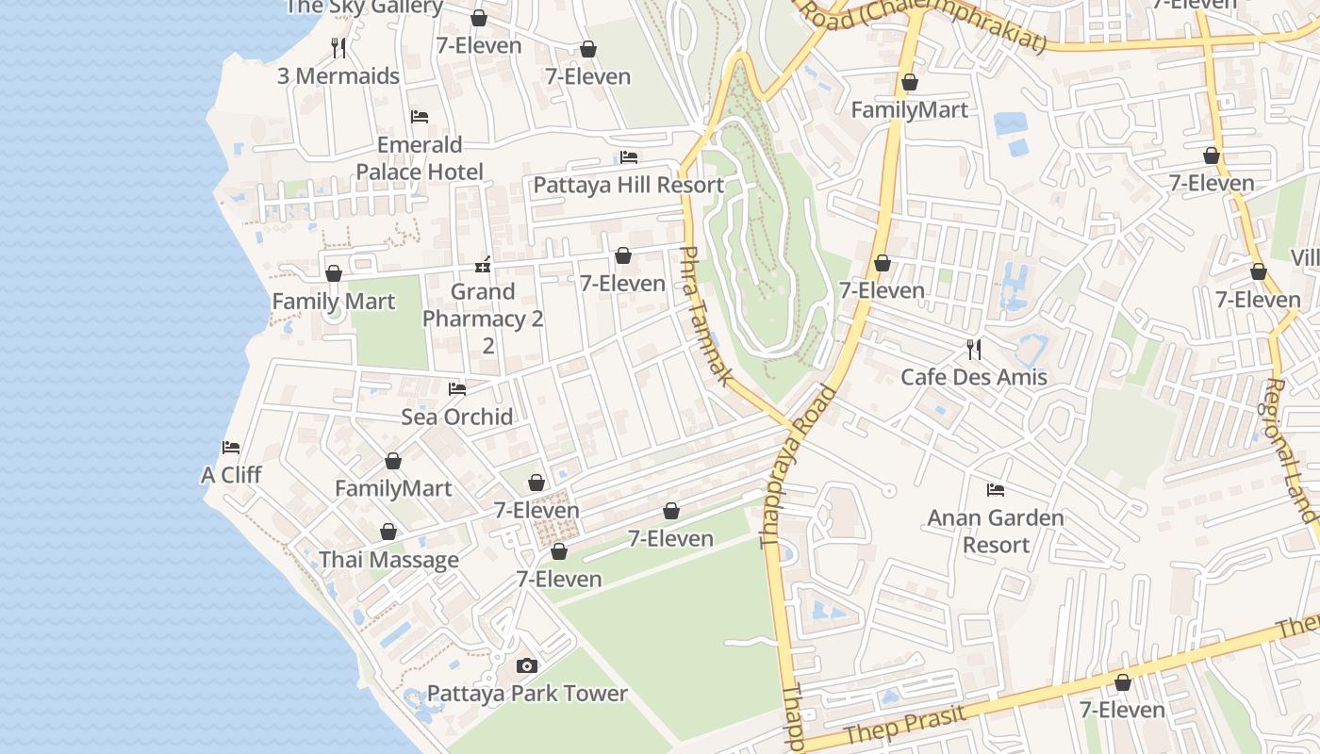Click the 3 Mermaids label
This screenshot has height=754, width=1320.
(338, 76)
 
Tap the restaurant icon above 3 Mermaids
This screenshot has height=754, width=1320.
(338, 47)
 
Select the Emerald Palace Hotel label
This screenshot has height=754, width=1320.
(420, 158)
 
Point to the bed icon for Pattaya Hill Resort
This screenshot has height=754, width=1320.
(629, 157)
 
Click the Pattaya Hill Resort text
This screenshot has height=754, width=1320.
(629, 185)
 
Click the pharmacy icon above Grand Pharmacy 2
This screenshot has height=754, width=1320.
(483, 265)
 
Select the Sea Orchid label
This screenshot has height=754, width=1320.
(457, 417)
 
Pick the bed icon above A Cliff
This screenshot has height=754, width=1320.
(231, 448)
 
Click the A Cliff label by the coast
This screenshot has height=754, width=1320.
(231, 475)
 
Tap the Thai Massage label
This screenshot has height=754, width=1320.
(388, 560)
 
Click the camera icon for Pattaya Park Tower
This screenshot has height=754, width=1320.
(527, 666)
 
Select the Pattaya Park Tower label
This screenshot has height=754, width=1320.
(527, 694)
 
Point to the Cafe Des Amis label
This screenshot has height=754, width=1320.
(974, 377)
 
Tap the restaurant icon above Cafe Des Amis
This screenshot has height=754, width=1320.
(974, 350)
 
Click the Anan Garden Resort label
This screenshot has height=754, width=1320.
(996, 532)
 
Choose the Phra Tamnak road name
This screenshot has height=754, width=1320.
(705, 316)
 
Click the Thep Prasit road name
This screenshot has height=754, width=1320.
(906, 724)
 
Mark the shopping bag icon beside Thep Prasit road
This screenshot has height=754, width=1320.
(1122, 682)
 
